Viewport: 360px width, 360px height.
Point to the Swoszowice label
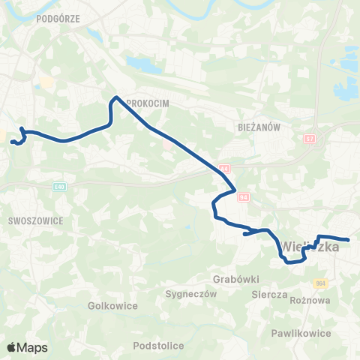[35, 221]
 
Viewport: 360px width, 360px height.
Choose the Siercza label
[269, 295]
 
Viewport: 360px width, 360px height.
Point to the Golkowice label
[110, 306]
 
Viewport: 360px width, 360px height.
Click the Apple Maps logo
[27, 347]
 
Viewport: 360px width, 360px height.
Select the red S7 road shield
[310, 139]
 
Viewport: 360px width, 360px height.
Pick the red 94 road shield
[243, 196]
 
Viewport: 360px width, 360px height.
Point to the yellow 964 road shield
[322, 283]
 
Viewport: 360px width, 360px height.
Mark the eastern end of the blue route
[349, 240]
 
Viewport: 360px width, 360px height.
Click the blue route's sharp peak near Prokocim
[115, 97]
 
